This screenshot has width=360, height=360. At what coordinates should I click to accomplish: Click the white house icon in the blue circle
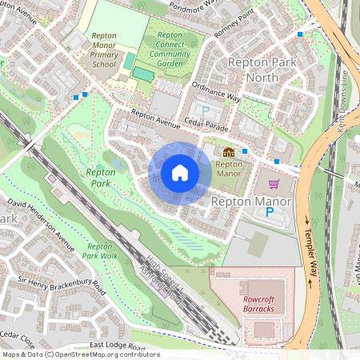[179, 173]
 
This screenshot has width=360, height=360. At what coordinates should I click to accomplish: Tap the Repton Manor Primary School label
[104, 50]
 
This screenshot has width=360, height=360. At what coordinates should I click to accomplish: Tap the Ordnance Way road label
[216, 93]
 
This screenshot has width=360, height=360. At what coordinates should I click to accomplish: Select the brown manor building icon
[229, 150]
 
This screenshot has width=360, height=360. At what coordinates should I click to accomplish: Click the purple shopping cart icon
[274, 183]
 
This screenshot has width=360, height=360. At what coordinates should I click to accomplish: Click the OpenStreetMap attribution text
[80, 354]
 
